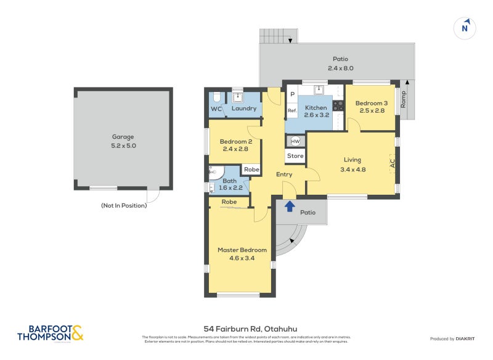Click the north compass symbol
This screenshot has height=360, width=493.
click(x=466, y=28)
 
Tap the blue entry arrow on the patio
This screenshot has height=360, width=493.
click(x=290, y=207)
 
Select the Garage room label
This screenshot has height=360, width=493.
click(x=123, y=137)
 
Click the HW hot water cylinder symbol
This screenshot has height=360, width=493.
click(x=295, y=141)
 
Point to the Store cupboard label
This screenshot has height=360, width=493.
click(x=295, y=156)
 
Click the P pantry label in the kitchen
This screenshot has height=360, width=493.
click(x=292, y=94)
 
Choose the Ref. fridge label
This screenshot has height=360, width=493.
click(x=292, y=111)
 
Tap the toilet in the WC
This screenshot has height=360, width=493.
click(x=216, y=98)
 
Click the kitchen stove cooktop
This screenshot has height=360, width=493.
click(x=338, y=105)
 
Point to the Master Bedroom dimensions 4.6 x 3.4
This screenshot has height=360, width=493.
click(x=242, y=258)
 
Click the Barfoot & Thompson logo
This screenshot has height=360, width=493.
click(x=51, y=333)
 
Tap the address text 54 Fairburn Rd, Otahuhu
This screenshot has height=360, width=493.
click(x=246, y=329)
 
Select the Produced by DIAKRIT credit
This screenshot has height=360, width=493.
click(x=455, y=338)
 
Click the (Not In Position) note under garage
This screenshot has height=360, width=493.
click(x=123, y=205)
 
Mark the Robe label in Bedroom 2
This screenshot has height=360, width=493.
click(x=251, y=170)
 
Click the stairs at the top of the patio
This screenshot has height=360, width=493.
click(x=279, y=36)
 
